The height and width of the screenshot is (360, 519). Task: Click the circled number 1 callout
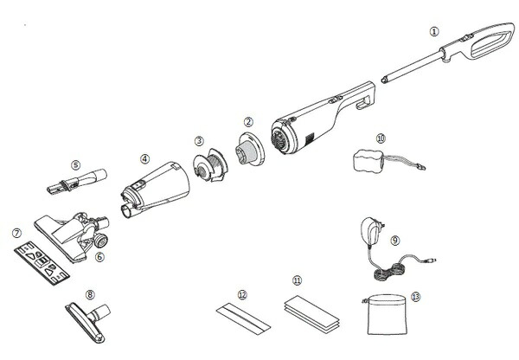(x=435, y=32)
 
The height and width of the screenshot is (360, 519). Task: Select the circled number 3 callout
(x=199, y=140)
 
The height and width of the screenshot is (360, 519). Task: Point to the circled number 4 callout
(x=144, y=159)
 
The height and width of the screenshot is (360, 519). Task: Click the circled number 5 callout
(x=75, y=164)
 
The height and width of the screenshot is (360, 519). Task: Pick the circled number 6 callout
(x=99, y=256)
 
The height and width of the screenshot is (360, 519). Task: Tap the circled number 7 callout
(x=16, y=232)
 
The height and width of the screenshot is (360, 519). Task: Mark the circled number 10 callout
(x=381, y=137)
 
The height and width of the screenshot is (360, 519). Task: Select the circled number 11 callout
(x=298, y=280)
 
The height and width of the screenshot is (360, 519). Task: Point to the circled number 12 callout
(x=242, y=296)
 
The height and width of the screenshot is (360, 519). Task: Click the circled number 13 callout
(x=416, y=297)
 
